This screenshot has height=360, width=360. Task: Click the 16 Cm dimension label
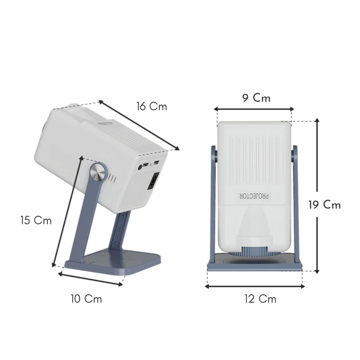[151, 106]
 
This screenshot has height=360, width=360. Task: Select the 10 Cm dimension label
[86, 299]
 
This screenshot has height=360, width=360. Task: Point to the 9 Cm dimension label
[256, 98]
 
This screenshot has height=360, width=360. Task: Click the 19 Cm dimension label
[325, 205]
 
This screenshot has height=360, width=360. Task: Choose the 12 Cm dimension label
[260, 299]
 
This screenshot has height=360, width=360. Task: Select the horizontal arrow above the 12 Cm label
[254, 286]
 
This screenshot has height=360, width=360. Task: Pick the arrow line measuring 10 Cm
[91, 279]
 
